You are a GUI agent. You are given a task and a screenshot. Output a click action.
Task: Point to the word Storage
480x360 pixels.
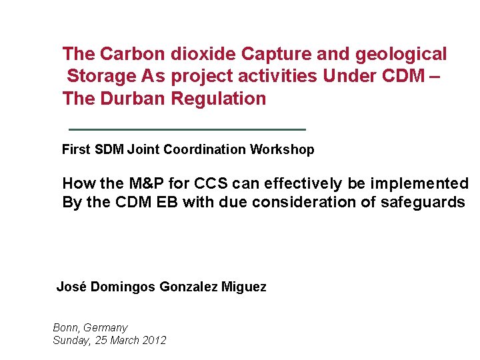point(101,77)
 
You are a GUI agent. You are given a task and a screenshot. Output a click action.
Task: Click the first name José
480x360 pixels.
point(71,287)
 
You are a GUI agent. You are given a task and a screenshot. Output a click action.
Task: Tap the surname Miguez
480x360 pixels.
point(244,287)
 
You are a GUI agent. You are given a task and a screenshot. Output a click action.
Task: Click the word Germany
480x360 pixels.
point(105,328)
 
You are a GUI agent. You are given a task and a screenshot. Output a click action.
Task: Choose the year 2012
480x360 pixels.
point(153,341)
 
